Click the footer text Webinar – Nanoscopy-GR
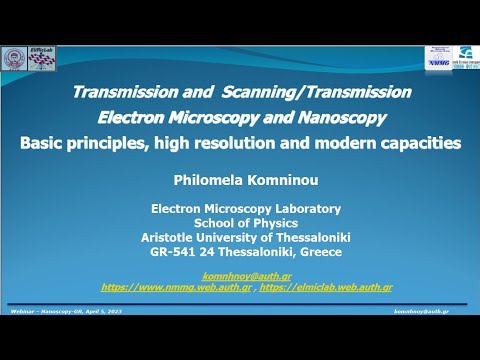(50, 313)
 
